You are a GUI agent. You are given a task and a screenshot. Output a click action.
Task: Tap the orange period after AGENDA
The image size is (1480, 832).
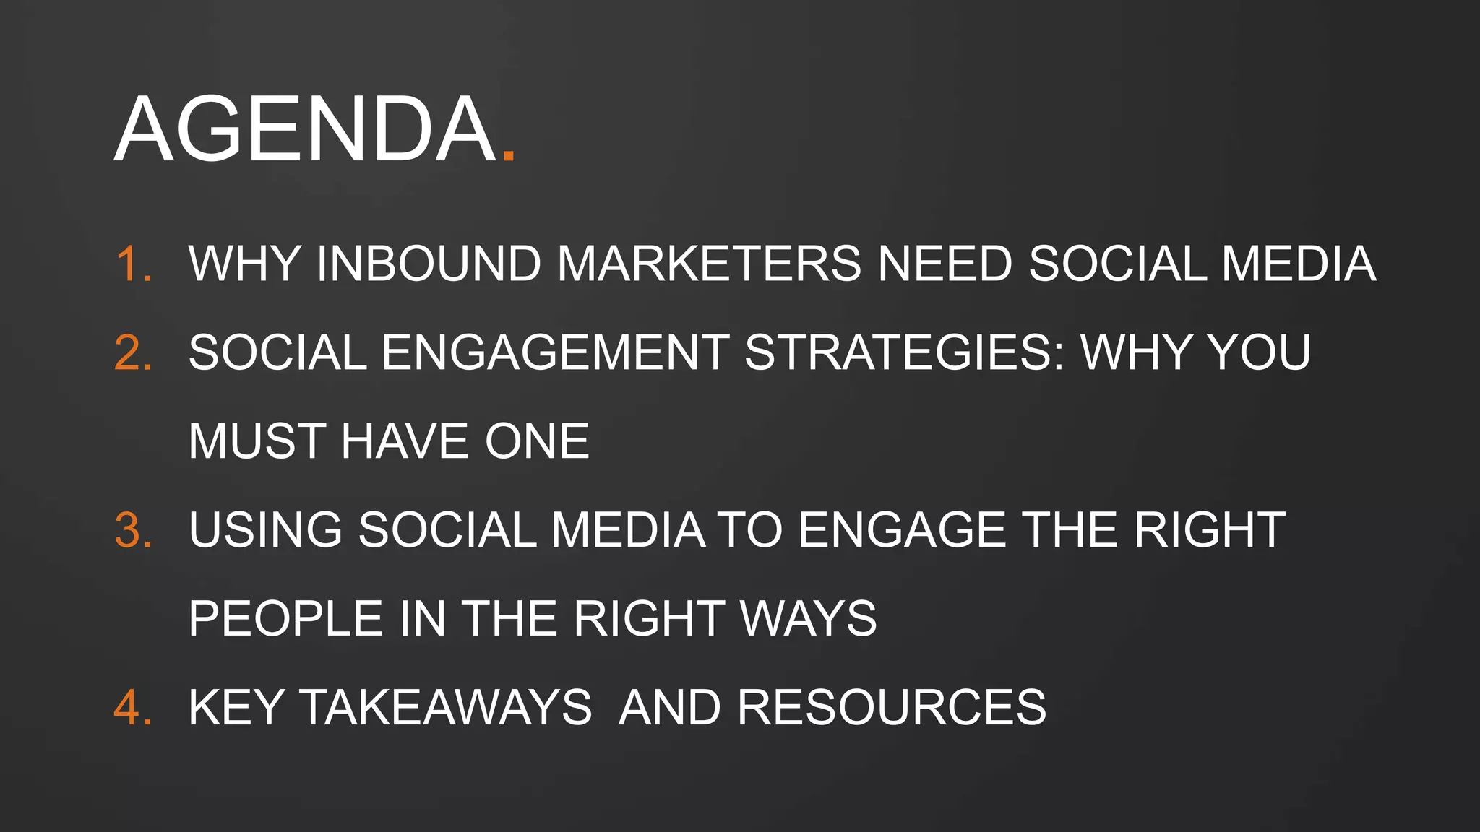[508, 155]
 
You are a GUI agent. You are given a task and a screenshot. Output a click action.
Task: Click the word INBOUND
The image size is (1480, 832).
[429, 264]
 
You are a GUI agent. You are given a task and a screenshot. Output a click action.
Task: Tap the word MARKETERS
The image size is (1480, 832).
[709, 264]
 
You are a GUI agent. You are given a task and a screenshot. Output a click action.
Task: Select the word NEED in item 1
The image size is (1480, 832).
[945, 264]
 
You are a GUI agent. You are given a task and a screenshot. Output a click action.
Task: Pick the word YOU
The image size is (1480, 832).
[1258, 352]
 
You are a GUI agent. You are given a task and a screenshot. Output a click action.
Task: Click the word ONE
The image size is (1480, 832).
[537, 441]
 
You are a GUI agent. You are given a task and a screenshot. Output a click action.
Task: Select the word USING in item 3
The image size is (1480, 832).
[265, 530]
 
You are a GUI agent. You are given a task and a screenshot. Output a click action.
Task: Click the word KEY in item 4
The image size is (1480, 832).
[236, 707]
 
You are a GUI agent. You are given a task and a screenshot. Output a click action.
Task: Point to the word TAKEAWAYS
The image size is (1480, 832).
[446, 707]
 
